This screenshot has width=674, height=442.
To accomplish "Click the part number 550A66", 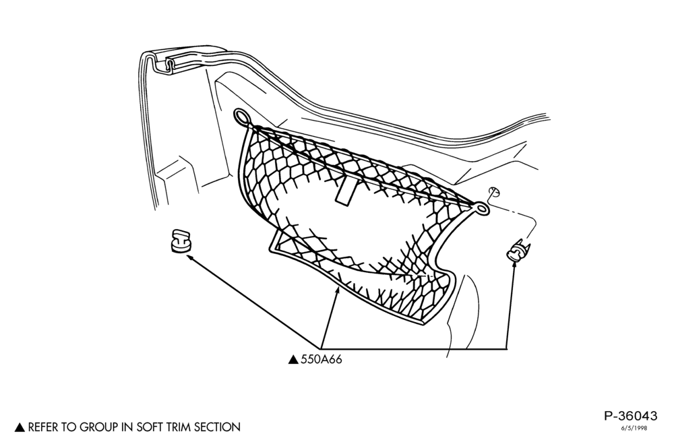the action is pos(321,360).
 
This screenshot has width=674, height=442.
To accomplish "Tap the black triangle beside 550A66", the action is pos(293,360).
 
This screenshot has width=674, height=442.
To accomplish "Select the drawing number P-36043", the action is pos(631,416).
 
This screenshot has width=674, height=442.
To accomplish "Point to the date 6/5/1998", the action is pos(634,428).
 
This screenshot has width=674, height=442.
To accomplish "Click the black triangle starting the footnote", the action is pos(20,427).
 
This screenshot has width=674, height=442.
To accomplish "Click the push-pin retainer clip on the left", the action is pos(180,241).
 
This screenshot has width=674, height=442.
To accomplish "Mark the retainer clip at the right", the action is pos(518,251).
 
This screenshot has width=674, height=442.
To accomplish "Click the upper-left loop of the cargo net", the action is pos(242,117).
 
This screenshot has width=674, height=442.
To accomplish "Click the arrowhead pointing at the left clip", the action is pos(189,257).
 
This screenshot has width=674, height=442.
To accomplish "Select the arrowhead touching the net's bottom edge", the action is pos(338,292).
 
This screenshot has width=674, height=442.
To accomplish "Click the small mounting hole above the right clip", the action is pos(494,193).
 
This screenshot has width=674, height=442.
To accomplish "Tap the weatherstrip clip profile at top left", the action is pos(171,66).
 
